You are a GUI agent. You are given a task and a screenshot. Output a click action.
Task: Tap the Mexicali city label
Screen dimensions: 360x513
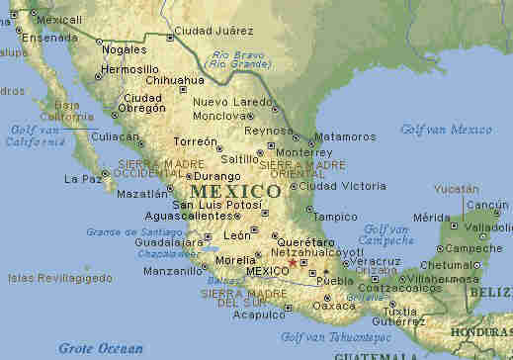point(61,20)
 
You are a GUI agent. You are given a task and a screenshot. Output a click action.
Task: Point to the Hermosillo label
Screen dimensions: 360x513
point(131,71)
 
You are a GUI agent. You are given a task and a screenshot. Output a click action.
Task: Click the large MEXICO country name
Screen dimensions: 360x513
point(235,191)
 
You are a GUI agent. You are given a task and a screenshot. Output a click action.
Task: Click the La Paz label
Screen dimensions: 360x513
point(83,179)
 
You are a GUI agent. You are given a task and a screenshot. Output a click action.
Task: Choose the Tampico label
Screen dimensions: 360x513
point(336,217)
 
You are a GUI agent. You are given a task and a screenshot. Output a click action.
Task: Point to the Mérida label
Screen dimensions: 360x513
point(430,218)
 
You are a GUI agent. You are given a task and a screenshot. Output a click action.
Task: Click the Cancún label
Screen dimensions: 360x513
point(487,206)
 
